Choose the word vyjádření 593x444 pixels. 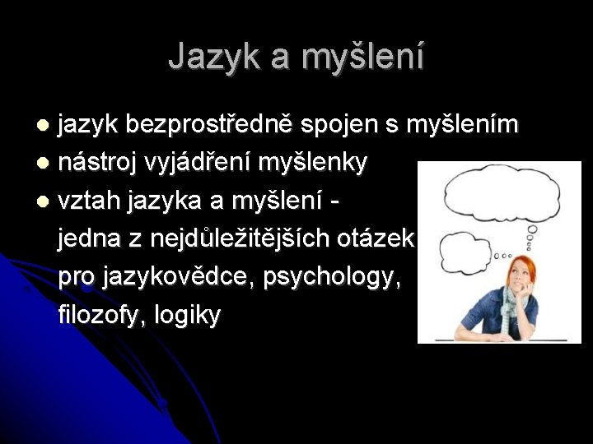click(198, 163)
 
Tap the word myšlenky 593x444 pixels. click(313, 163)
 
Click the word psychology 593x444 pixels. click(333, 278)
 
